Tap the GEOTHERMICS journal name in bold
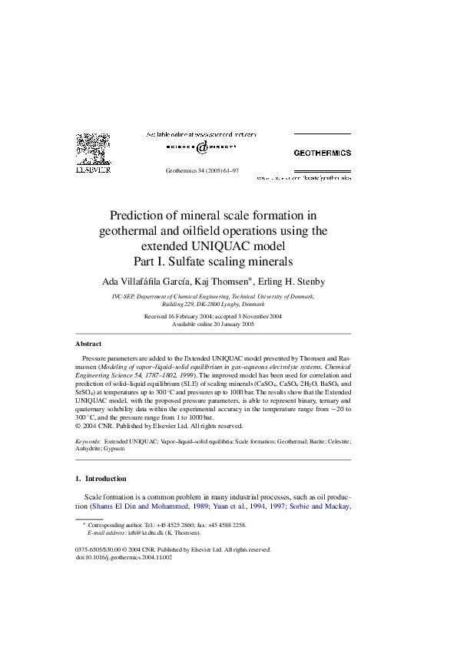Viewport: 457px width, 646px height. coord(323,153)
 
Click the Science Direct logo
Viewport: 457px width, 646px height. coord(200,147)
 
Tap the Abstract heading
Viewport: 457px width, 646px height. coord(88,344)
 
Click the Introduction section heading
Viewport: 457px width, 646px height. coord(106,478)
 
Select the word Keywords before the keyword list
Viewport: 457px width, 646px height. coord(88,442)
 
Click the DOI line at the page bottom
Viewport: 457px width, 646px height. coord(123,557)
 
